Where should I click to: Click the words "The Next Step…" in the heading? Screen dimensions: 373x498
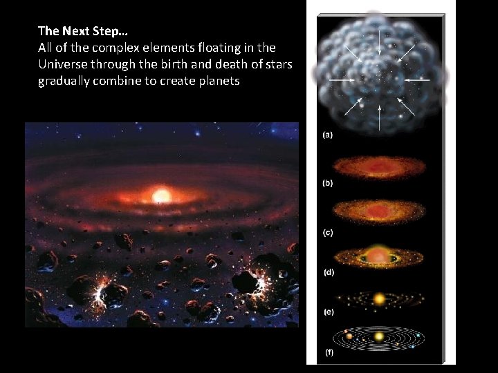82,30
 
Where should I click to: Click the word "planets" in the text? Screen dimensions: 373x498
216,81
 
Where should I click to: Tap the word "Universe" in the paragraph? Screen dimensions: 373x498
62,64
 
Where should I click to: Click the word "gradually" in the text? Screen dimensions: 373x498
63,81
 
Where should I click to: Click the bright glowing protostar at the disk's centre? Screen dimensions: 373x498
161,195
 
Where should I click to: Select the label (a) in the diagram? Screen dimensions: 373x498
328,135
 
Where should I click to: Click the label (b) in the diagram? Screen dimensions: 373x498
328,183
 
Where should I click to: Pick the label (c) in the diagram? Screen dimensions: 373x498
328,233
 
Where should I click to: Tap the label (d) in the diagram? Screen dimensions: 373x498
328,272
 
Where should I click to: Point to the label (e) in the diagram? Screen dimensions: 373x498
328,312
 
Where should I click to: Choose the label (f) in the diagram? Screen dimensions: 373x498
328,353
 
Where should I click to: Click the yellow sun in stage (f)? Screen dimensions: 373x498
378,337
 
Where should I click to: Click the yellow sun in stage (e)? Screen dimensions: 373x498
378,299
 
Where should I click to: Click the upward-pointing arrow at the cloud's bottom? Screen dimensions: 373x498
380,119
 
